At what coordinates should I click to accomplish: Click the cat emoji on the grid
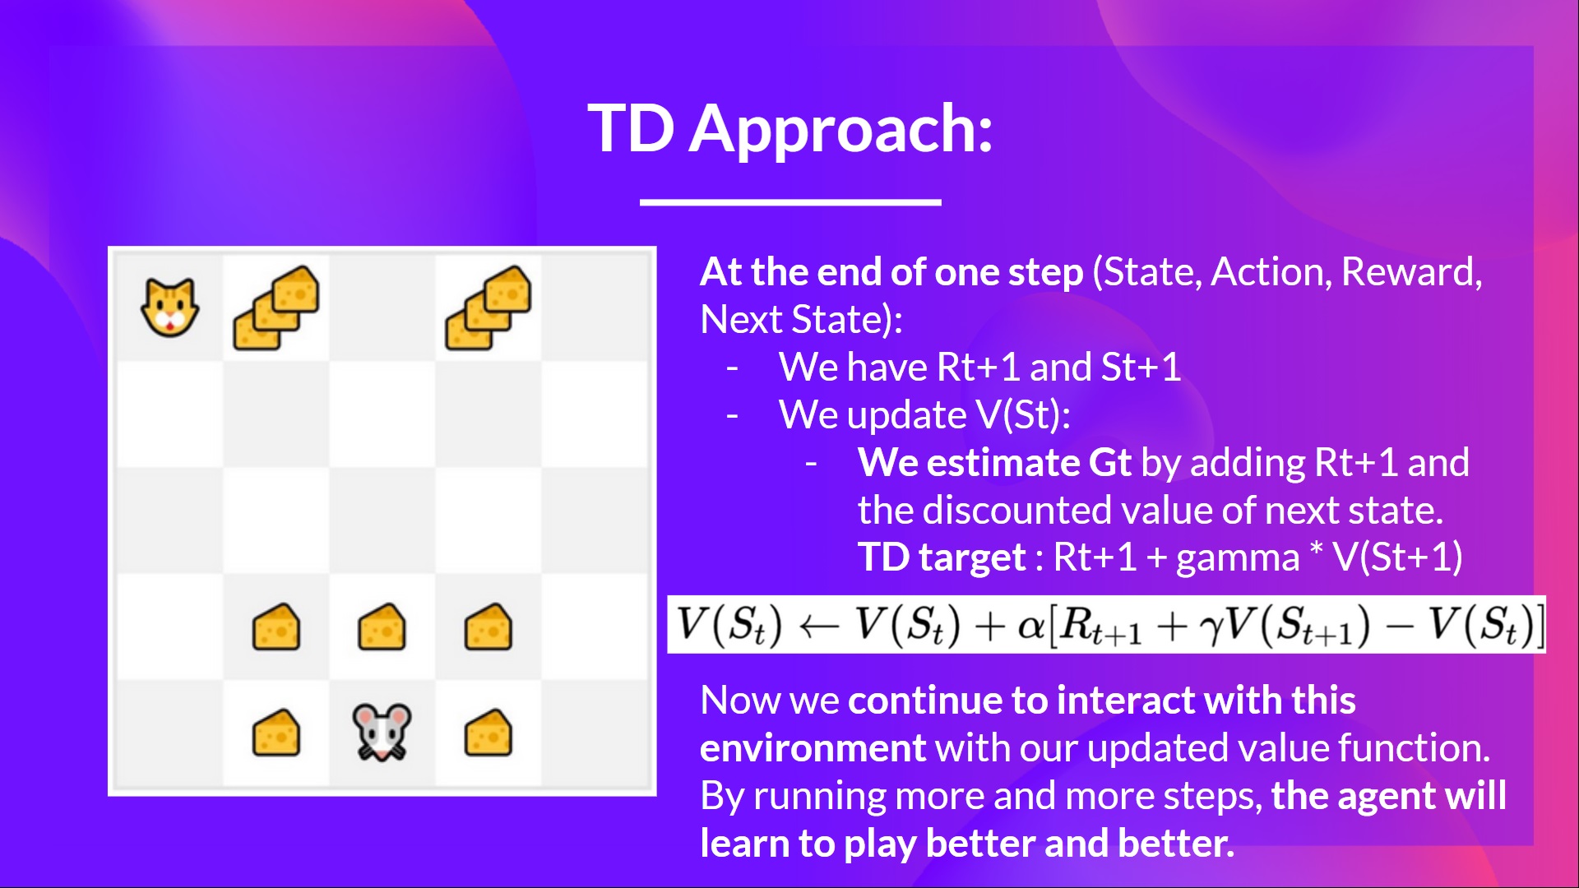(170, 308)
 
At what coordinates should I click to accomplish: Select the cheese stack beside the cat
(276, 308)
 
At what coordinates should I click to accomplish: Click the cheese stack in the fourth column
(489, 308)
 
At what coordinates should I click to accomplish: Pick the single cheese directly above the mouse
(382, 627)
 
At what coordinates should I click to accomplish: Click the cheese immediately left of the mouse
(276, 732)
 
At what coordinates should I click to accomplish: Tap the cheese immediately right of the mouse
(489, 732)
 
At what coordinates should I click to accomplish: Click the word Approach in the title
(840, 130)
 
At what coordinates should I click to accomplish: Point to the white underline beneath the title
(790, 201)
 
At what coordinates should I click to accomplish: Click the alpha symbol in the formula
(1030, 627)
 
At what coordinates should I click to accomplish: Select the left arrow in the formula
(819, 627)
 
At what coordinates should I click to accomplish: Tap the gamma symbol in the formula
(1211, 630)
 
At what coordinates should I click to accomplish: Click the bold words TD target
(942, 557)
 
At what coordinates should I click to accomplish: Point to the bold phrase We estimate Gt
(994, 463)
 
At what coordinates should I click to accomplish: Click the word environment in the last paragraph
(813, 748)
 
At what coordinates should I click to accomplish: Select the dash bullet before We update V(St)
(732, 415)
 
